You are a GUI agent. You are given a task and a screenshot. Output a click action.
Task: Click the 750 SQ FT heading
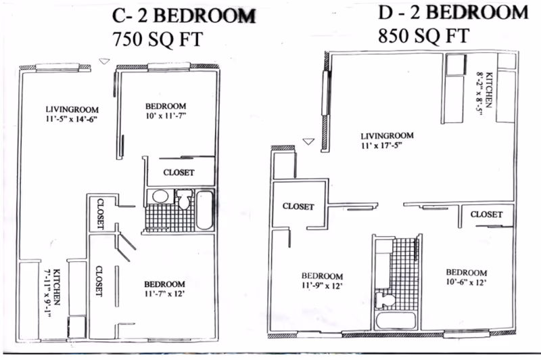click(158, 39)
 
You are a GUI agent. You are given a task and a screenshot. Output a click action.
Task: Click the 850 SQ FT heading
click(424, 36)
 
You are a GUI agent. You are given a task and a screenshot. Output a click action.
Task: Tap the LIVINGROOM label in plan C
click(72, 110)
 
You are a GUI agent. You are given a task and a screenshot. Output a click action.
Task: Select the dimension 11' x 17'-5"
click(382, 145)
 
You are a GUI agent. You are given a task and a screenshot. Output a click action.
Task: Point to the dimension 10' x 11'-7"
click(166, 116)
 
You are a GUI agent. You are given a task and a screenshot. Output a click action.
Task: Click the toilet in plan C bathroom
click(183, 199)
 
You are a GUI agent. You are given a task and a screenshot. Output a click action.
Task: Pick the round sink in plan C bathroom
click(160, 196)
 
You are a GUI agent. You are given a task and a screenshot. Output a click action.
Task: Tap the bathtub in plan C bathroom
click(204, 210)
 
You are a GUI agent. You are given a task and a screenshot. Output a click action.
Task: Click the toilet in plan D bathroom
click(385, 300)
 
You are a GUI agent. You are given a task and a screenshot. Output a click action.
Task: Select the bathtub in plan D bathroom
click(396, 321)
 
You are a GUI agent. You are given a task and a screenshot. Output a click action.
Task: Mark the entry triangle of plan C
click(104, 62)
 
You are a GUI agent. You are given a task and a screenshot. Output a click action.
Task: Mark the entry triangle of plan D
click(308, 141)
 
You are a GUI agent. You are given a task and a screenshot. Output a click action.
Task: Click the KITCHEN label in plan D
click(488, 90)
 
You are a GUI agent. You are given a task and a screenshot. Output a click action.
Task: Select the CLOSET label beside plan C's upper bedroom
click(179, 173)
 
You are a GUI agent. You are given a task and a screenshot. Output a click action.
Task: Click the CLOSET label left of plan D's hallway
click(298, 206)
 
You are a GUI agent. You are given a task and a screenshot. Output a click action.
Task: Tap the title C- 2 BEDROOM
click(184, 16)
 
